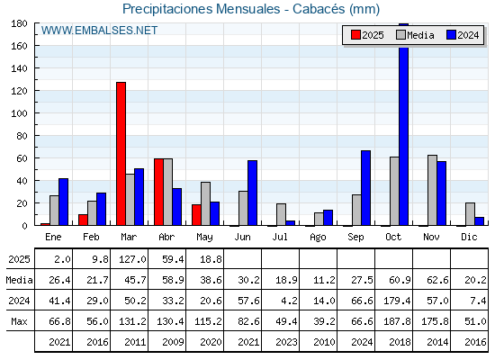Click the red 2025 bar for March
[121, 154]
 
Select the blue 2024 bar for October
[404, 124]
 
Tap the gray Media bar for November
[432, 190]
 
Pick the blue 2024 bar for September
[365, 188]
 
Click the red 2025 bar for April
[158, 192]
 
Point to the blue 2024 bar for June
[252, 193]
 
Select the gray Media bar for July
[281, 214]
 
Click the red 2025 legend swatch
[355, 35]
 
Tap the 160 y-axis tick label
[19, 46]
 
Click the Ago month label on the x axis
[318, 238]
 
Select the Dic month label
[469, 237]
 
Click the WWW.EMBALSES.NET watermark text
[99, 31]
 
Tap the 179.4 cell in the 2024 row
[397, 301]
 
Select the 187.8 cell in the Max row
[397, 321]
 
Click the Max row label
[19, 321]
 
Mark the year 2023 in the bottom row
[286, 342]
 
